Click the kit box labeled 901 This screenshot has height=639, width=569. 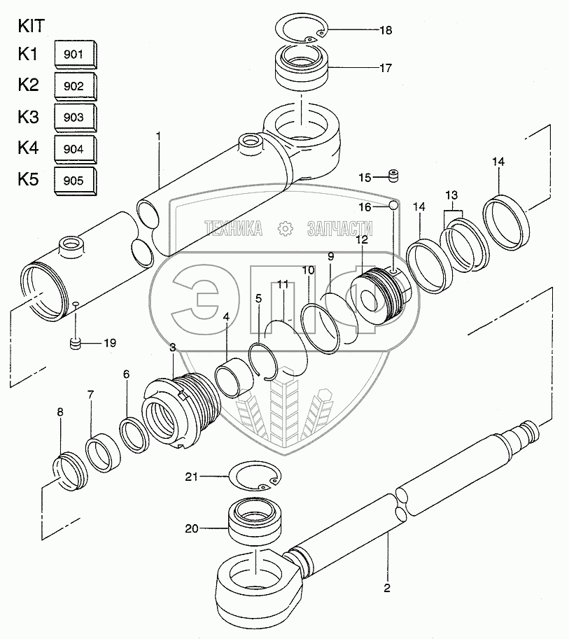pos(76,54)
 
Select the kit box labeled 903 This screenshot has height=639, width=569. pos(76,118)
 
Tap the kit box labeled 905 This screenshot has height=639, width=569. pos(76,181)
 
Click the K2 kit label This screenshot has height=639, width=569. pos(29,85)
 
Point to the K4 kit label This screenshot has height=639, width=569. pos(29,148)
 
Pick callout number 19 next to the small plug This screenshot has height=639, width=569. pos(110,343)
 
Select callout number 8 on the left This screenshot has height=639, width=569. pos(59,413)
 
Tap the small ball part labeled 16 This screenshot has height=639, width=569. pos(394,205)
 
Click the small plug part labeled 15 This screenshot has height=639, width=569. pos(394,175)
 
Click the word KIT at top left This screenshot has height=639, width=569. pos(31,27)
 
